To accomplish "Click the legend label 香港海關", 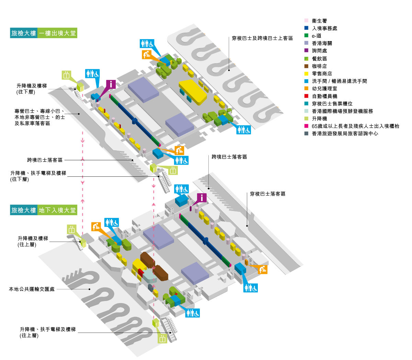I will pos(322,43).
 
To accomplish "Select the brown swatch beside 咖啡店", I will pos(306,66).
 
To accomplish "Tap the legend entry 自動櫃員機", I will pos(324,96).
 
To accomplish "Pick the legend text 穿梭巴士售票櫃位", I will pos(332,104).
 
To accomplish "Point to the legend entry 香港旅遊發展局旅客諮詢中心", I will pos(345,133).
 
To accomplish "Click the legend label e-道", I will pos(317,36).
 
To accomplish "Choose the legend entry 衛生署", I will pos(319,21).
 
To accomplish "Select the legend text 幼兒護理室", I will pos(324,89).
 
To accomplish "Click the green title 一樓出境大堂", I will pos(57,33).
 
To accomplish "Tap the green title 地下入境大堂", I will pos(57,210).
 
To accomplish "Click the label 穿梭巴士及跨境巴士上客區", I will pos(262,38).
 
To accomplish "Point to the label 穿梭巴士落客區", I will pos(267,194).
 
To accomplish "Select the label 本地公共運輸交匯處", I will pos(32,289).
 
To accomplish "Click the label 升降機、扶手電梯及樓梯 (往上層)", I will pos(47,332).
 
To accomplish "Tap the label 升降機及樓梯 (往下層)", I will pos(32,89).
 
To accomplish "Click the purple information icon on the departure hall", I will pos(111,84).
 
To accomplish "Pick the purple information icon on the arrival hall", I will pos(202,198).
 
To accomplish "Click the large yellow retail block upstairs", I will pos(193,91).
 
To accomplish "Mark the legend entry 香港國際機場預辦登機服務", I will pos(342,111).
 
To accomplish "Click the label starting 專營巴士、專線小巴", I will pos(40,117).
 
